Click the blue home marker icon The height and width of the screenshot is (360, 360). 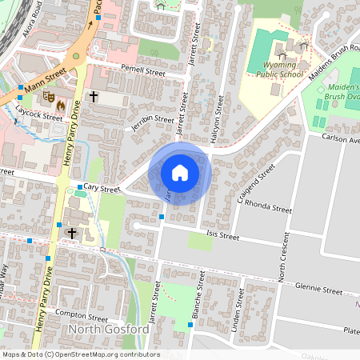coord(180,172)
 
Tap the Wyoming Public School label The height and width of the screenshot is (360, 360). coord(280,69)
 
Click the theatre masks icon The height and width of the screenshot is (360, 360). coord(49,96)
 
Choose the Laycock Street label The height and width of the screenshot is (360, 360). coord(42,116)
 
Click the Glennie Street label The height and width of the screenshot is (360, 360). coord(318,288)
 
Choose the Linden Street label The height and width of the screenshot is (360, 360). coord(236,313)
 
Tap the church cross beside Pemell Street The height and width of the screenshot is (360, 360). coord(93,97)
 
